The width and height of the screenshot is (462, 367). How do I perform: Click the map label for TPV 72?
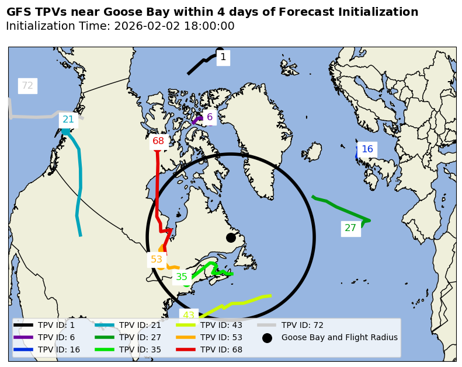27,86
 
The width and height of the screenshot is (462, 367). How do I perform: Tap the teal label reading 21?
68,120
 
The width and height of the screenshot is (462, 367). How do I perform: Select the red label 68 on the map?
158,141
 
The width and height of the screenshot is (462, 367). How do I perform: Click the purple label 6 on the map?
210,117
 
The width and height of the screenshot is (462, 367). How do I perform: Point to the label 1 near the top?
223,57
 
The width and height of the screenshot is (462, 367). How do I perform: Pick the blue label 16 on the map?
367,149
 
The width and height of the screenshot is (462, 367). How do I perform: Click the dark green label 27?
350,228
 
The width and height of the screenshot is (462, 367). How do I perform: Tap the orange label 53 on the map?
157,260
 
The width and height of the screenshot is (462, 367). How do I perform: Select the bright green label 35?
182,277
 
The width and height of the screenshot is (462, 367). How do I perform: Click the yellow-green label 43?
189,316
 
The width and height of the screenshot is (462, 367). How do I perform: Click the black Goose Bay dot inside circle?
231,237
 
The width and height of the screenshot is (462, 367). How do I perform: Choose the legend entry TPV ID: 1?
56,325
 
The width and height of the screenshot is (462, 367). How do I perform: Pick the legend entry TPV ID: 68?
221,349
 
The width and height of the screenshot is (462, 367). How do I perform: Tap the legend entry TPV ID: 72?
302,325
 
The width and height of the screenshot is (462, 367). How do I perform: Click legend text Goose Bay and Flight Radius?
339,337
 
